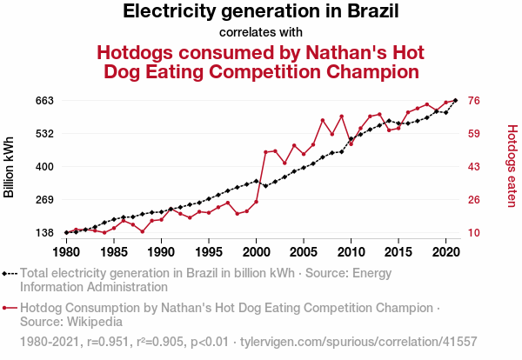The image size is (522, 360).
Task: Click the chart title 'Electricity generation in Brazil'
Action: pyautogui.click(x=261, y=12)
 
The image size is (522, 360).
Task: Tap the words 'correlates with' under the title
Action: pyautogui.click(x=261, y=33)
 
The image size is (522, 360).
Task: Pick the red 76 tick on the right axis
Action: pyautogui.click(x=476, y=101)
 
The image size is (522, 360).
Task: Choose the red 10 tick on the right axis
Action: pyautogui.click(x=476, y=233)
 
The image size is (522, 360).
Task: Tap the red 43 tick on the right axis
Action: pyautogui.click(x=476, y=167)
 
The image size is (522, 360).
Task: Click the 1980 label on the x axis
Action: pyautogui.click(x=66, y=252)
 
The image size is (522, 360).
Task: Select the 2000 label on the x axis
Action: pyautogui.click(x=256, y=252)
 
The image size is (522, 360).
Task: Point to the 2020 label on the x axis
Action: pyautogui.click(x=445, y=252)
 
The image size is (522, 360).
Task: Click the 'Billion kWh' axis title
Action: pyautogui.click(x=10, y=167)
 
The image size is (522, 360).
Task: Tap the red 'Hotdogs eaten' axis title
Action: pyautogui.click(x=512, y=166)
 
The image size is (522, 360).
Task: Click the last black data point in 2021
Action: pyautogui.click(x=455, y=101)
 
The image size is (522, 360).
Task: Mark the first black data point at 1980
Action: pyautogui.click(x=66, y=232)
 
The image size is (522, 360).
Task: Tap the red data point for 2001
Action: pyautogui.click(x=265, y=152)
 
